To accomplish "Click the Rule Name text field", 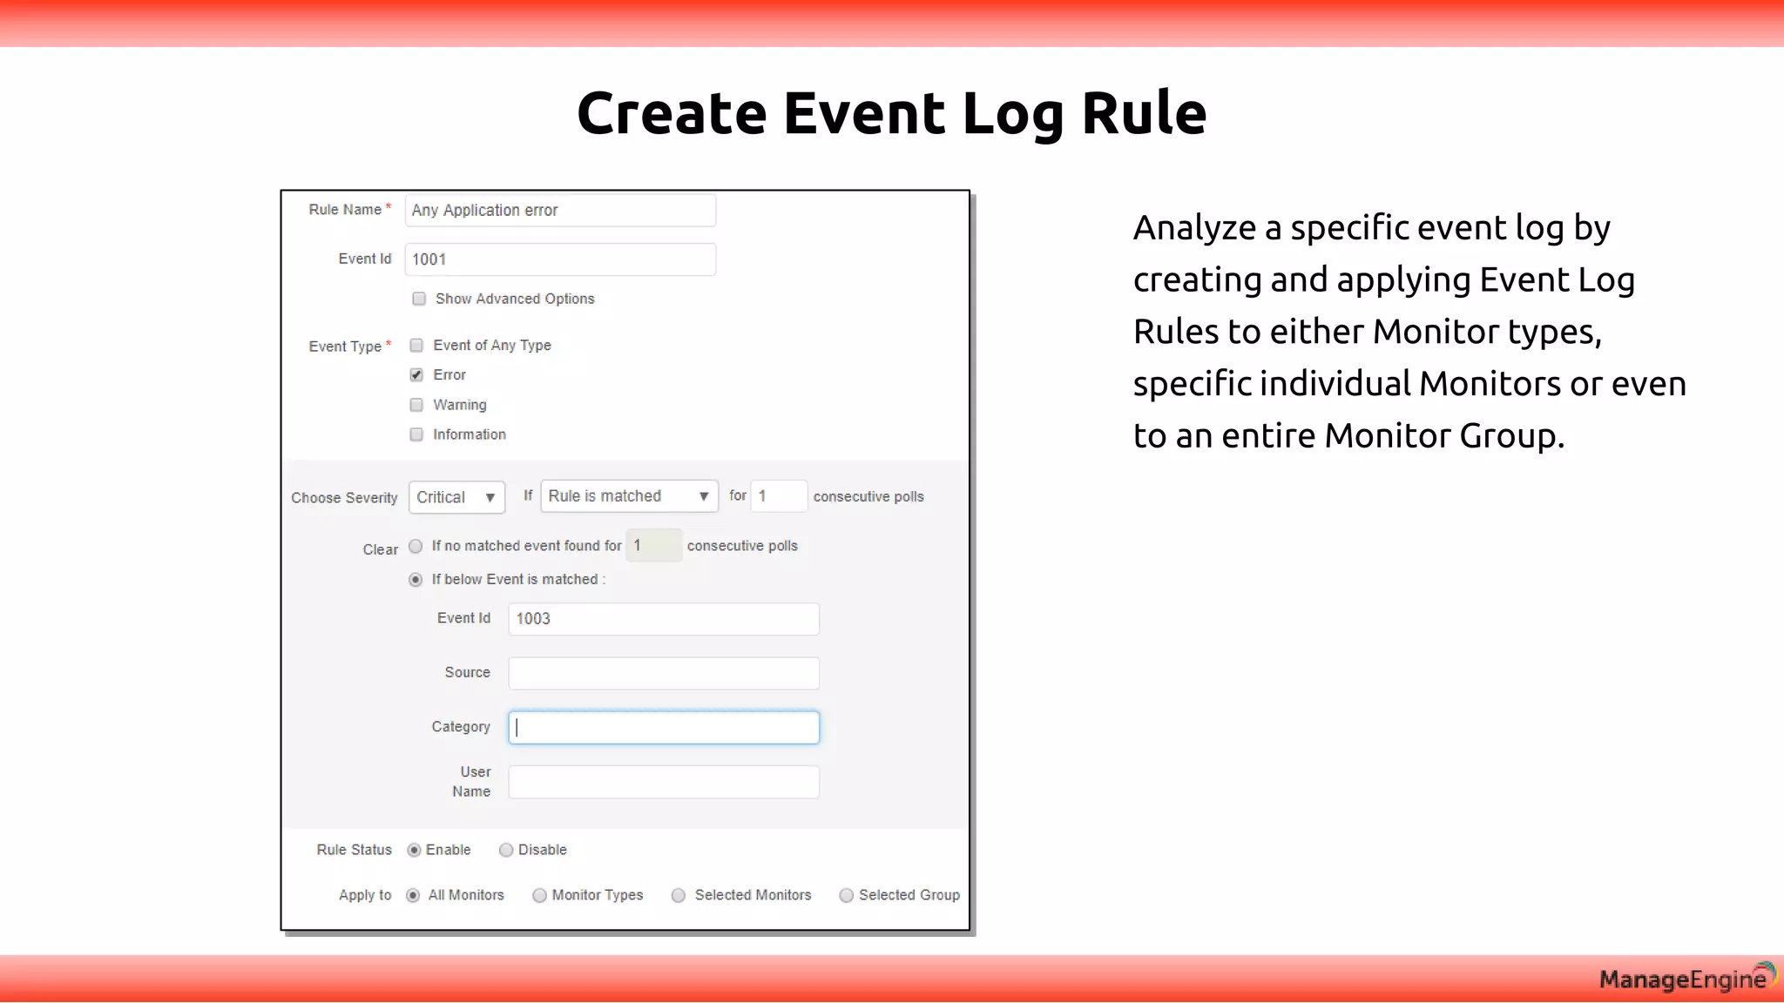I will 560,211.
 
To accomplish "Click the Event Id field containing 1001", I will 560,259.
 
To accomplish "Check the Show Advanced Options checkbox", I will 419,300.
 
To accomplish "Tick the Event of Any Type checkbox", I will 416,346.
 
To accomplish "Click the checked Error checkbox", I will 416,375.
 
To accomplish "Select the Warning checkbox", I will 416,405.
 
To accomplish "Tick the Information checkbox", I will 416,434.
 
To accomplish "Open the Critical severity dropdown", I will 456,497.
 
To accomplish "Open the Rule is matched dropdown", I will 629,496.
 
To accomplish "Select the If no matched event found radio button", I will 416,546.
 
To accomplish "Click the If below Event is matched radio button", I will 416,580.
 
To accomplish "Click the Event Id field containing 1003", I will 664,619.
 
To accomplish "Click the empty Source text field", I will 664,673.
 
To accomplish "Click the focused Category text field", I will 664,728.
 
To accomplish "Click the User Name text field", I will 664,782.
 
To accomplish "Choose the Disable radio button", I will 506,851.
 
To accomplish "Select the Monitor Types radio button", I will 540,896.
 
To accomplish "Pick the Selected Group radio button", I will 846,896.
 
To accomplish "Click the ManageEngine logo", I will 1686,979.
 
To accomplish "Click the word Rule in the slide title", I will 1144,113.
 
